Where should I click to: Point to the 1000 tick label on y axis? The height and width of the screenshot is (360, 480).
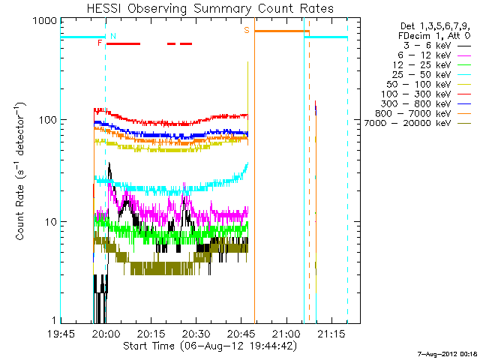43,22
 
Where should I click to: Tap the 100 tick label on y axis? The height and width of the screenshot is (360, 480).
46,121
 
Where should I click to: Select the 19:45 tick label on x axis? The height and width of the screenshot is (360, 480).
61,334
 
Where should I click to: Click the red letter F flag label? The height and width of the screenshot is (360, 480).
100,43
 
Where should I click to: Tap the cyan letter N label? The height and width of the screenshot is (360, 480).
113,35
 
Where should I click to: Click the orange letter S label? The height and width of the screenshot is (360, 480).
246,30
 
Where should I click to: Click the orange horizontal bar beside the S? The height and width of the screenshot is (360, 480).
281,31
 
